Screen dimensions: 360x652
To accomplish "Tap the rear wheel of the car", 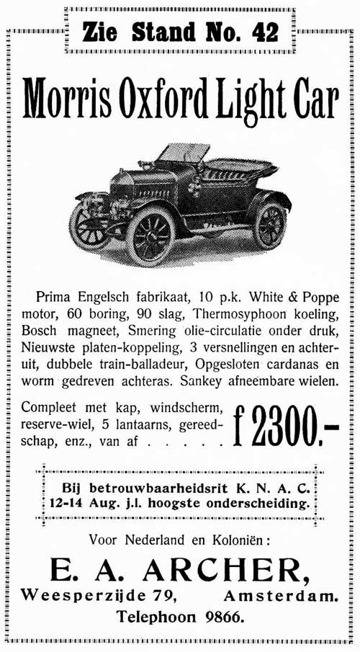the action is tap(269, 224).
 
